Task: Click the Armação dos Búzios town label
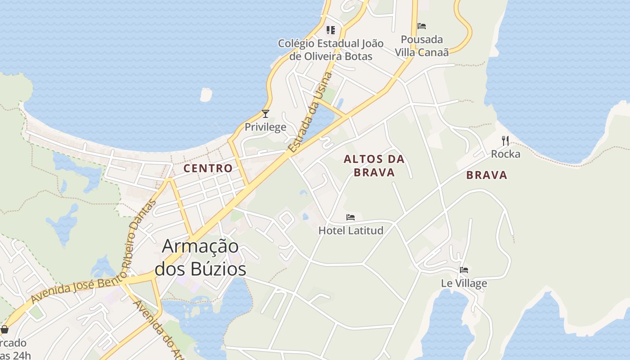pyautogui.click(x=200, y=257)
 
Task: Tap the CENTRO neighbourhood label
pyautogui.click(x=208, y=168)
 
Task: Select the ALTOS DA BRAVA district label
pyautogui.click(x=374, y=165)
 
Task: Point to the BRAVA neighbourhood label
pyautogui.click(x=486, y=175)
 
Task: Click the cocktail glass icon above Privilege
pyautogui.click(x=265, y=114)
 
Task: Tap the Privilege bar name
pyautogui.click(x=265, y=127)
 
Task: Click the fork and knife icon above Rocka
pyautogui.click(x=505, y=141)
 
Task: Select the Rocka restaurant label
pyautogui.click(x=505, y=154)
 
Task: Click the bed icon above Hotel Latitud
pyautogui.click(x=351, y=217)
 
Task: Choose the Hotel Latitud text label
pyautogui.click(x=351, y=230)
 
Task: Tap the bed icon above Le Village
pyautogui.click(x=464, y=270)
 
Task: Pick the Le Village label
pyautogui.click(x=464, y=283)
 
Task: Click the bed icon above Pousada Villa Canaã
pyautogui.click(x=422, y=26)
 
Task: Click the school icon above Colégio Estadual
pyautogui.click(x=331, y=30)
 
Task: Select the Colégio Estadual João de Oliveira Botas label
pyautogui.click(x=331, y=49)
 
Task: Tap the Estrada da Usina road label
pyautogui.click(x=310, y=112)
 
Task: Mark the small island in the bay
pyautogui.click(x=206, y=94)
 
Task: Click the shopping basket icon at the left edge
pyautogui.click(x=4, y=329)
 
